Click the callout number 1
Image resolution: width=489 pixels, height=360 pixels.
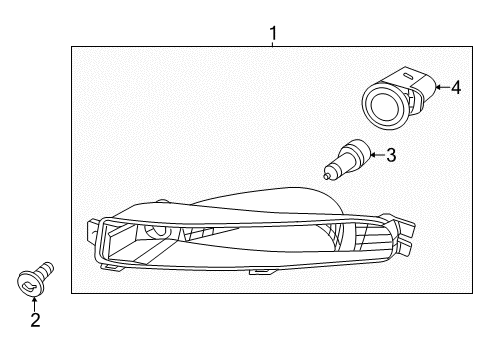coord(273,33)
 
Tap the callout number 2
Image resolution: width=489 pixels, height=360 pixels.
coord(35,320)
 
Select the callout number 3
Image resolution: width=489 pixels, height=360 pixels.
coord(391,155)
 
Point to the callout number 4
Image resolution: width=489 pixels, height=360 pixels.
coord(456,88)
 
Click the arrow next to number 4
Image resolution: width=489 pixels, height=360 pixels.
coord(442,88)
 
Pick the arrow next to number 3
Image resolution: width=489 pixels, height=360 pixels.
coord(377,155)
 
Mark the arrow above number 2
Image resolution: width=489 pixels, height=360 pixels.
coord(34,304)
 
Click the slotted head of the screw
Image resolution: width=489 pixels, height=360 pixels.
coord(31,284)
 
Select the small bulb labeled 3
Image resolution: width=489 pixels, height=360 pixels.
coord(348,159)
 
